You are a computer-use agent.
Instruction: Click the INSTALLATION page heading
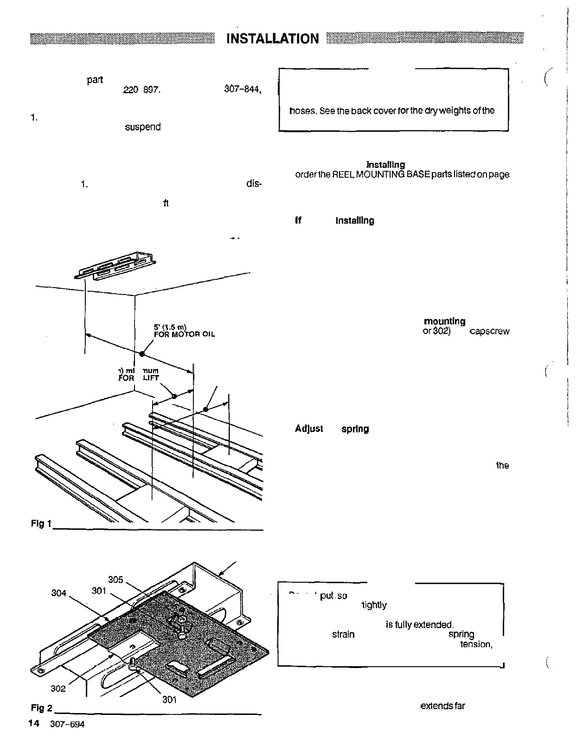(273, 39)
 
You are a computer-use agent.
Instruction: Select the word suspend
(143, 127)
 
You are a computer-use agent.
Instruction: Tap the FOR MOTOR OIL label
(184, 334)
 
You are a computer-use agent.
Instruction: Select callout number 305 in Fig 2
(115, 580)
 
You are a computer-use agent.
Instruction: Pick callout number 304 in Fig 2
(59, 593)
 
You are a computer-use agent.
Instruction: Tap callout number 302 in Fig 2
(58, 688)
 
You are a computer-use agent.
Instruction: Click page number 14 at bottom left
(33, 724)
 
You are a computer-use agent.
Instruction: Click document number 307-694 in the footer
(67, 724)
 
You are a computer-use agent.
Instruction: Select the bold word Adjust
(309, 429)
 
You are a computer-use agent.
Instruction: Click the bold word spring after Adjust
(355, 429)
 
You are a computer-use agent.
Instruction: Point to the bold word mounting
(444, 322)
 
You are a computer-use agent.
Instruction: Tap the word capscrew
(489, 332)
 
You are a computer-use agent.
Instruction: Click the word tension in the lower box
(476, 644)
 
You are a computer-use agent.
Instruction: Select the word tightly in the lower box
(373, 605)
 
